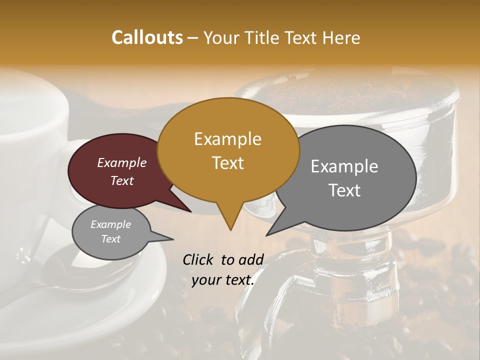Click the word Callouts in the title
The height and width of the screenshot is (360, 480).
147,37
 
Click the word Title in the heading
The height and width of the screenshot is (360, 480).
264,38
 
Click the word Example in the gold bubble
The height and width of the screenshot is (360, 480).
227,138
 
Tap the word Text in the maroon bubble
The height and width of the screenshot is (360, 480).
122,181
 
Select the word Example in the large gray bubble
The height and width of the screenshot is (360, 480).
344,166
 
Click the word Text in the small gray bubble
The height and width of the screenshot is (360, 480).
110,239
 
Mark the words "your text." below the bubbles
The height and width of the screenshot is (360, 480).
222,280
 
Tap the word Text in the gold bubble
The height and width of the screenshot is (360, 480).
228,162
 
